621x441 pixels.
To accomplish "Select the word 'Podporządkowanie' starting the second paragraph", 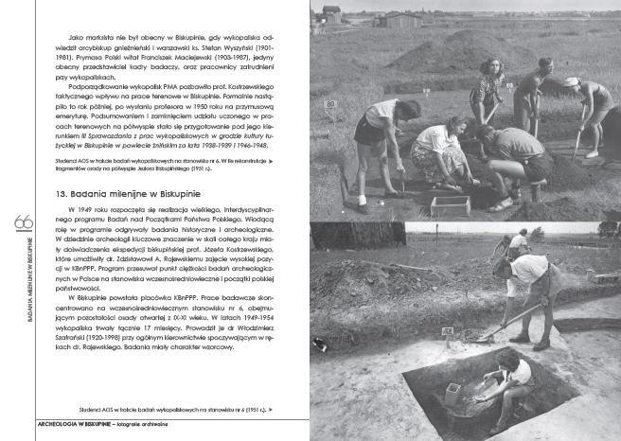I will click(86, 87).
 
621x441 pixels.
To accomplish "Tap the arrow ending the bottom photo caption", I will click(272, 409).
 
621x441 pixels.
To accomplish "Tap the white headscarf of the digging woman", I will click(572, 83).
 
